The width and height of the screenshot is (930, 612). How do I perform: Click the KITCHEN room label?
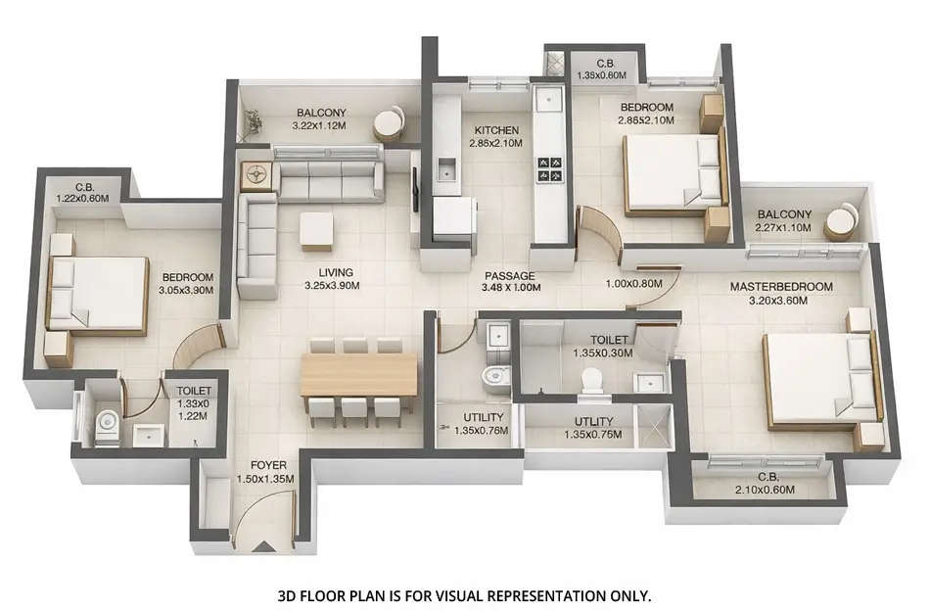coord(496,130)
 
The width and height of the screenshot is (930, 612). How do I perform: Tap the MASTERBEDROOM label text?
coord(780,287)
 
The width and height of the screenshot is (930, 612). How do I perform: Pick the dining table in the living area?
coord(358,375)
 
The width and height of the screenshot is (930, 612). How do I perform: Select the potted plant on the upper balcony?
coord(255,122)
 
